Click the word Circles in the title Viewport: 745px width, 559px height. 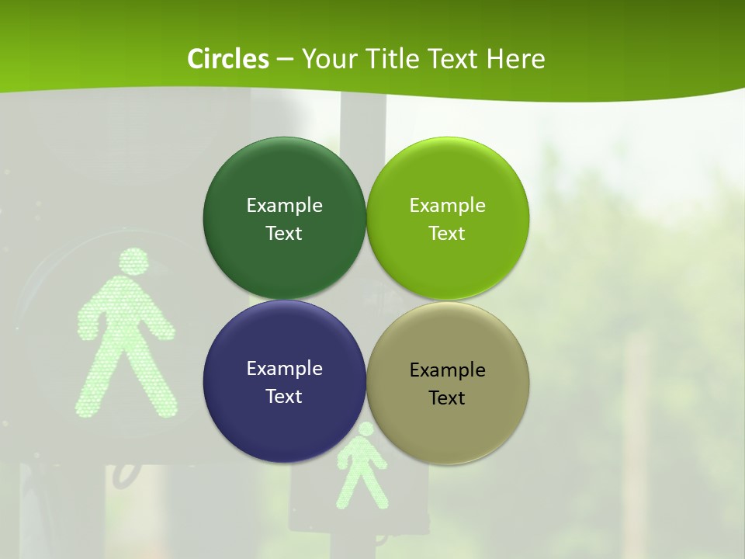point(227,59)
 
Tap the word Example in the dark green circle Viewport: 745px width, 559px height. point(284,205)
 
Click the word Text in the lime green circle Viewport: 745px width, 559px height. point(447,234)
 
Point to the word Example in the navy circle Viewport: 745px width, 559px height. point(284,368)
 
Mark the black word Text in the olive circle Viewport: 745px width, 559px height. point(447,398)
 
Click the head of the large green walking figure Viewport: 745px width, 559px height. point(135,262)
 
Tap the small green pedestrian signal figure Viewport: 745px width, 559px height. point(361,470)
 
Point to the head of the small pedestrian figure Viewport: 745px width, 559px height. point(365,429)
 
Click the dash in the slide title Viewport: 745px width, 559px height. point(285,60)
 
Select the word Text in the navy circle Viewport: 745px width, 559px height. point(284,397)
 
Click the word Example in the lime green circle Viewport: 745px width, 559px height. point(447,205)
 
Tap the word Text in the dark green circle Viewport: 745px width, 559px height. point(284,234)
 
